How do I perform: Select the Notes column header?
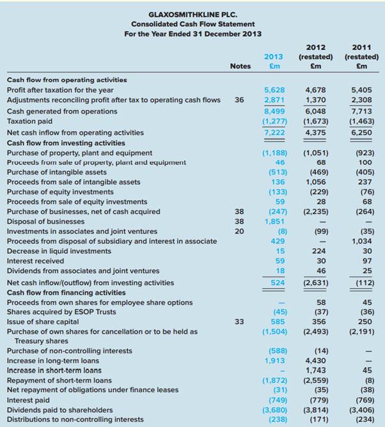240,66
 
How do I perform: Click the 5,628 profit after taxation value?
275,90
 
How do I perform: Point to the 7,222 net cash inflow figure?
275,132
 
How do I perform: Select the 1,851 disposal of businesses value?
275,221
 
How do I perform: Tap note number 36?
239,100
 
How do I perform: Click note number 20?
239,231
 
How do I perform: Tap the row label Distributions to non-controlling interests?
75,419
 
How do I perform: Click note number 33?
239,322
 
